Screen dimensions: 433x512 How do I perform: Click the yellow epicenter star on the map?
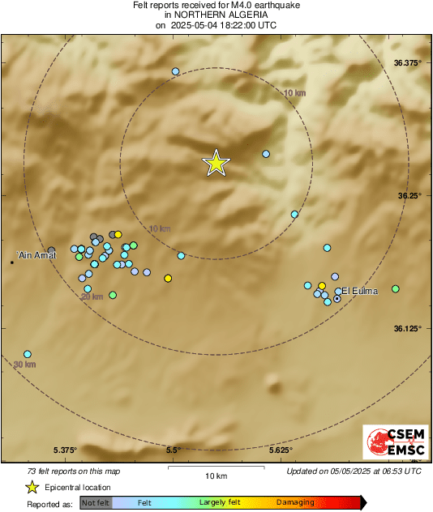point(216,163)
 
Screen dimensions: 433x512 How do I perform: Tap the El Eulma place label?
point(360,291)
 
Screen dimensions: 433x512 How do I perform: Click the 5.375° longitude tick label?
point(65,450)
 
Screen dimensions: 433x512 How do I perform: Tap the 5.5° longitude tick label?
point(173,450)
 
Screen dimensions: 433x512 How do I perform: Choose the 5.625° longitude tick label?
point(280,450)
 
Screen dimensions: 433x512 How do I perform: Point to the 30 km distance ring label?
point(25,365)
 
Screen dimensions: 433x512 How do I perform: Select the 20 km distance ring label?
point(92,297)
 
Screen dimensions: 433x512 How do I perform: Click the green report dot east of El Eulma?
point(396,288)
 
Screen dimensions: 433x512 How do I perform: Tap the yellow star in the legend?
point(32,487)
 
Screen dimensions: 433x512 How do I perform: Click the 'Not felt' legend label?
point(96,503)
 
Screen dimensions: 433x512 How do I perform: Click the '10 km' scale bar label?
point(216,475)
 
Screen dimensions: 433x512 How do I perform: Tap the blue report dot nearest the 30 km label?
point(28,354)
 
